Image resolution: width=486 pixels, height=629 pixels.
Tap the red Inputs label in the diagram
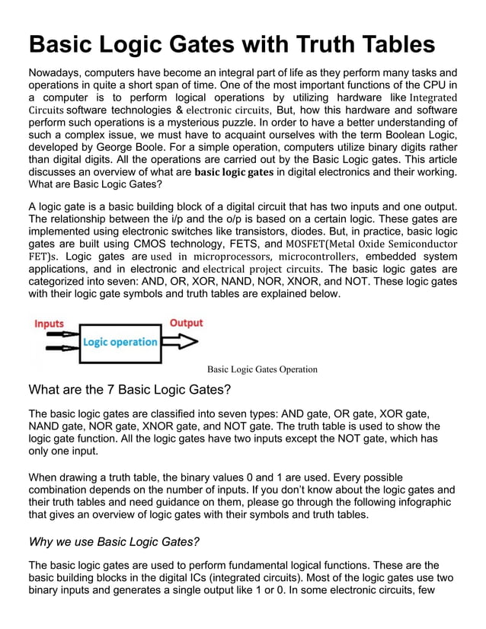[x=50, y=324]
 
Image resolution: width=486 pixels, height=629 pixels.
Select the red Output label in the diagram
[x=185, y=323]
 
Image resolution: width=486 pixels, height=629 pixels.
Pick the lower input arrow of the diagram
[x=59, y=350]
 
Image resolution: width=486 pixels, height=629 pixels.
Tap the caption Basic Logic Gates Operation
[x=262, y=369]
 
